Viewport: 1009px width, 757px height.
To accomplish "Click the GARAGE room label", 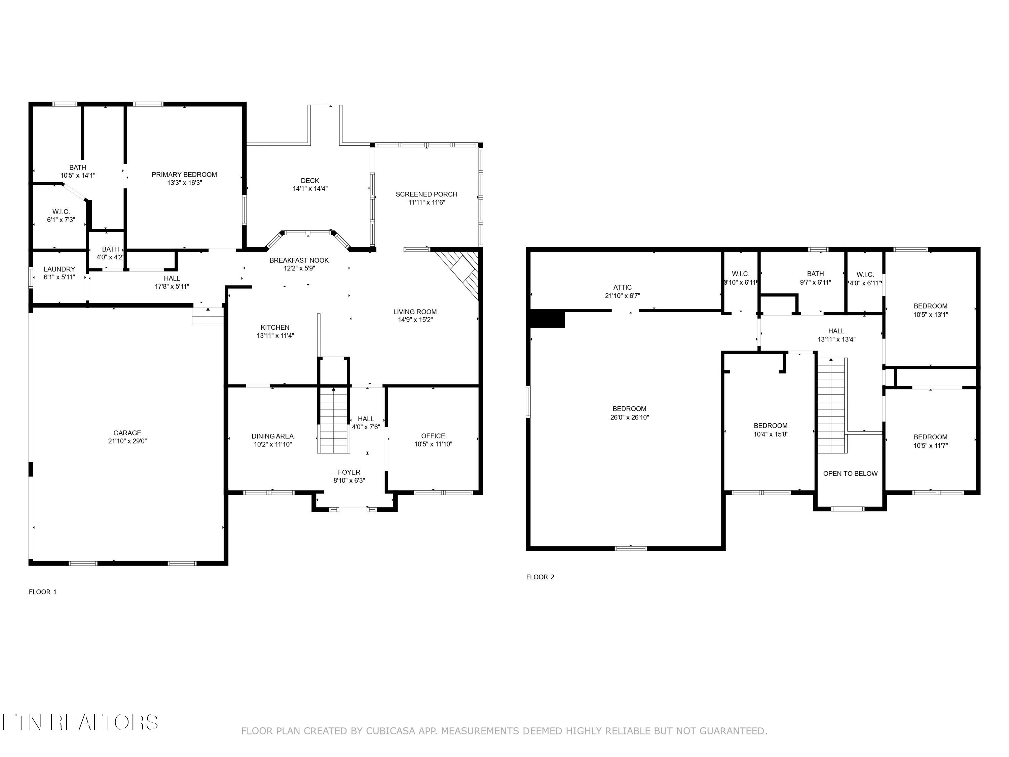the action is pyautogui.click(x=127, y=433).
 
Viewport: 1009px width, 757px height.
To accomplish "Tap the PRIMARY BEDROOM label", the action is pyautogui.click(x=184, y=174).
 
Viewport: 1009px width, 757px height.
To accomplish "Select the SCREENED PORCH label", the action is pyautogui.click(x=426, y=194).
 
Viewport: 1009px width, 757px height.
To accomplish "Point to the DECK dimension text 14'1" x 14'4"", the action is pyautogui.click(x=310, y=188).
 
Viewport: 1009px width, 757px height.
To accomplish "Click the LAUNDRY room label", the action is pyautogui.click(x=59, y=269).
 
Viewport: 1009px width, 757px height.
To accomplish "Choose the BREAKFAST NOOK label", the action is pyautogui.click(x=299, y=260).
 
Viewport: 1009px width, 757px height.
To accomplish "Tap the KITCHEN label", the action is pyautogui.click(x=275, y=327).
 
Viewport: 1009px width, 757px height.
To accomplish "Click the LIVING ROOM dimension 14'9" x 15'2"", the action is pyautogui.click(x=415, y=320).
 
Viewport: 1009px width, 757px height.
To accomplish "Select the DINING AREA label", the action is pyautogui.click(x=273, y=436).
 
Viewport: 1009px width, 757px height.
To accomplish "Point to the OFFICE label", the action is pyautogui.click(x=433, y=436).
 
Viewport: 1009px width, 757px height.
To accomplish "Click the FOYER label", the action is pyautogui.click(x=349, y=472).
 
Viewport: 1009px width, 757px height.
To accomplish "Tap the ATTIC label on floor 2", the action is pyautogui.click(x=623, y=287).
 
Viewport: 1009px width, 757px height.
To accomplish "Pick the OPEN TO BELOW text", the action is pyautogui.click(x=850, y=474).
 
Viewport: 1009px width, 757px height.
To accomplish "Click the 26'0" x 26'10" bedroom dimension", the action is pyautogui.click(x=630, y=417).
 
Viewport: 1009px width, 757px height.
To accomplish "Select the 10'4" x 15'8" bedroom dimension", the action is pyautogui.click(x=771, y=434).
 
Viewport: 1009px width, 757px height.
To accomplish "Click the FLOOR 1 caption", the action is pyautogui.click(x=43, y=592).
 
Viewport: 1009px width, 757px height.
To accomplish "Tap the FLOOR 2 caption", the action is pyautogui.click(x=540, y=577).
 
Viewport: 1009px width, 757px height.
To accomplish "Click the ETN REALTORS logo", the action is pyautogui.click(x=80, y=722).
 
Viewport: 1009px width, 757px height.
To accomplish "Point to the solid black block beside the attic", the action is pyautogui.click(x=547, y=319).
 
